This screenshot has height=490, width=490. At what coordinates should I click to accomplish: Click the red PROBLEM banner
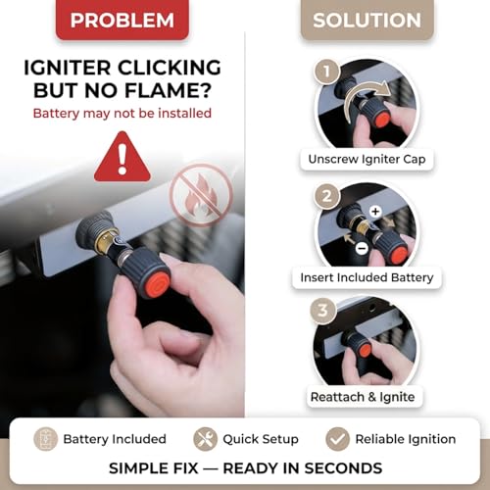coord(122,19)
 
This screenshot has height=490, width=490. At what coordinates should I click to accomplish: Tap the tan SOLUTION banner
coord(367,19)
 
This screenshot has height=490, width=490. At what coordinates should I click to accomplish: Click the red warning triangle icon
coord(122,157)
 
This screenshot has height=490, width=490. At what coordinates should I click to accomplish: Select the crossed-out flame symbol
coord(201,195)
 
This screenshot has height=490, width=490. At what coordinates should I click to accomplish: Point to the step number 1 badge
coord(326,71)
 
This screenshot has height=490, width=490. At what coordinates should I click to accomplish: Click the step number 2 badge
coord(327,196)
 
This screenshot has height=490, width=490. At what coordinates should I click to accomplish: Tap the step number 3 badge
coord(322,311)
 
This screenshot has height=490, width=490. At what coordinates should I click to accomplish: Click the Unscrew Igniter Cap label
coord(367,159)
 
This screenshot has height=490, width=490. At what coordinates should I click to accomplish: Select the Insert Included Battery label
coord(367,277)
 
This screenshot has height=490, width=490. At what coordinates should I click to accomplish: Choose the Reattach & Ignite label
coord(363,397)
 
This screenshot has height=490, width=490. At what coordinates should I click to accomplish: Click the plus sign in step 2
coord(375,211)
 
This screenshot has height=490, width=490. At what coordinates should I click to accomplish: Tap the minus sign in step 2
coord(362,248)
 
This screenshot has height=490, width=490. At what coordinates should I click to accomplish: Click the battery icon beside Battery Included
coord(46,439)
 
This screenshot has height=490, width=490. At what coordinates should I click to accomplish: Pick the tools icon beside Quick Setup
coord(205,439)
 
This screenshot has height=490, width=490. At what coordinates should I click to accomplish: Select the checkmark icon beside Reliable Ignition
coord(337,439)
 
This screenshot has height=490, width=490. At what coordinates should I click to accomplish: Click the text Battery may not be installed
coord(122,114)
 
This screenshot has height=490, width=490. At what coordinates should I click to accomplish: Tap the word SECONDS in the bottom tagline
coord(343,468)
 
